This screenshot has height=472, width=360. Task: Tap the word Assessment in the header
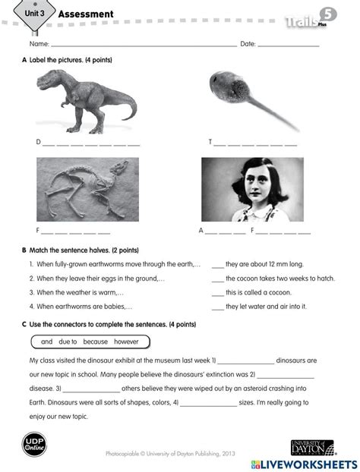(x=86, y=14)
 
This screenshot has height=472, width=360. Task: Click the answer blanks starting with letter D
(x=91, y=143)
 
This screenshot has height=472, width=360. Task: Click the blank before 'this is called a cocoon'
(x=217, y=292)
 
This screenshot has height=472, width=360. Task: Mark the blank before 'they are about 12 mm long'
(x=217, y=264)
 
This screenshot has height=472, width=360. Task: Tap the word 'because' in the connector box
(x=96, y=341)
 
